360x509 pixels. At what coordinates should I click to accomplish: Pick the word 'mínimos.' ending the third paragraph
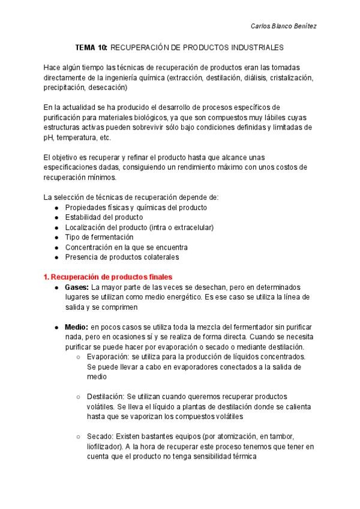(x=104, y=177)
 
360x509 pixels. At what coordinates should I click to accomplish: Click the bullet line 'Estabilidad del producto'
(x=104, y=217)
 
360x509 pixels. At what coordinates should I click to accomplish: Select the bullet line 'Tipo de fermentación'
(x=99, y=237)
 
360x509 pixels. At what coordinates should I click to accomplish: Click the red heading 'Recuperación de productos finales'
(x=112, y=277)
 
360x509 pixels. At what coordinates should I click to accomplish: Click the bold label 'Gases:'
(x=77, y=287)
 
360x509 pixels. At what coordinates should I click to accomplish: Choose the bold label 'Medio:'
(x=76, y=327)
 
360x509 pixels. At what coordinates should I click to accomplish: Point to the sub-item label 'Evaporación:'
(x=107, y=357)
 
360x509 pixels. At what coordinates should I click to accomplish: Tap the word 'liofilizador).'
(x=106, y=447)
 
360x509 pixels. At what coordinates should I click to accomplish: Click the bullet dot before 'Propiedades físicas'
(x=56, y=207)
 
